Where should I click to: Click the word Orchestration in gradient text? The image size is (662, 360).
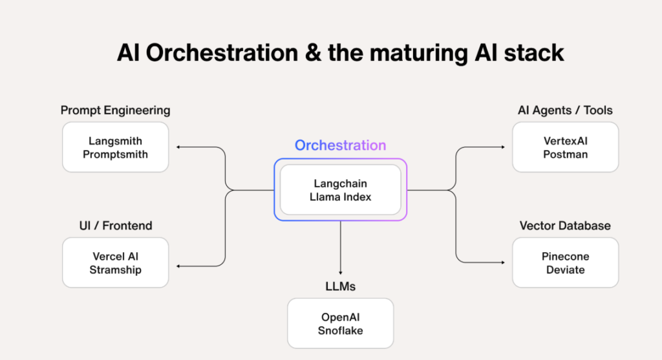click(340, 145)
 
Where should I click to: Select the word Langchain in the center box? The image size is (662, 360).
click(340, 184)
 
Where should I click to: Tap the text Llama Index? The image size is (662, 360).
click(340, 197)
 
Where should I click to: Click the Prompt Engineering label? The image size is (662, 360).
click(115, 110)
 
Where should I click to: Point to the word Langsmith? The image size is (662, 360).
click(115, 141)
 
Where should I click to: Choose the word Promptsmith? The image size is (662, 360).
click(115, 154)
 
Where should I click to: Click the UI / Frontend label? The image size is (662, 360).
click(115, 226)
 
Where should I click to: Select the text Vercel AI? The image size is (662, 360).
click(115, 257)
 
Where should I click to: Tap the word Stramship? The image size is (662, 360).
click(115, 270)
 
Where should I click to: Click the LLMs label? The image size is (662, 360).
click(340, 286)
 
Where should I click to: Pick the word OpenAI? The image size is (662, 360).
click(340, 317)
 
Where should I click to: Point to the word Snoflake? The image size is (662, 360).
click(340, 330)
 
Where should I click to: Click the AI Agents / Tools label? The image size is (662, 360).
click(565, 110)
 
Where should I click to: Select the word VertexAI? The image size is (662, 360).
click(565, 141)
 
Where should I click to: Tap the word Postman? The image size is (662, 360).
click(565, 154)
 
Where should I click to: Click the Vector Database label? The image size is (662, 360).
click(565, 226)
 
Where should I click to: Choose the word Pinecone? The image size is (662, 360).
click(565, 257)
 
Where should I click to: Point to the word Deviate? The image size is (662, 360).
click(565, 270)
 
